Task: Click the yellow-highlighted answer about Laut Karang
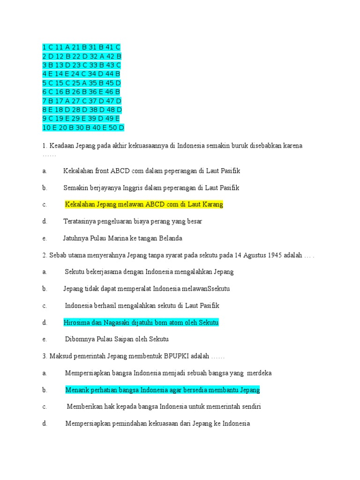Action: (144, 204)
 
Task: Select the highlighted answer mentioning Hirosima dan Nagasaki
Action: (141, 322)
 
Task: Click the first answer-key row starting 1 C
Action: (81, 47)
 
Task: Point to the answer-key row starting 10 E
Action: (83, 128)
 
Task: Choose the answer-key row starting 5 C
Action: (81, 83)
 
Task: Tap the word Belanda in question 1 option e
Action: (170, 238)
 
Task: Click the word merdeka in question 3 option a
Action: (259, 373)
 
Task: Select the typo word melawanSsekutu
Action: (206, 289)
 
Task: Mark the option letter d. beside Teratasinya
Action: (45, 221)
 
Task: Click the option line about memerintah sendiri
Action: (164, 407)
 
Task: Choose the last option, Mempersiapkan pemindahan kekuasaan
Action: (157, 424)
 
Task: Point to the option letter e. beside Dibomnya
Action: (45, 339)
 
